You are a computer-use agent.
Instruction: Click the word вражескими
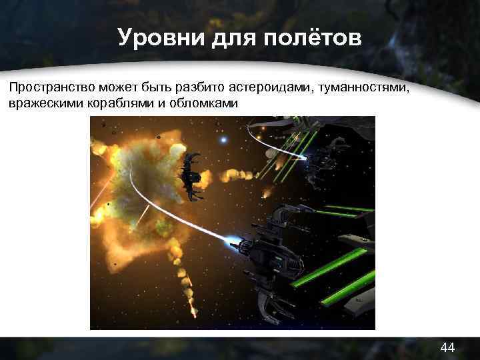(x=40, y=104)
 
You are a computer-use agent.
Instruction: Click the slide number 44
(x=447, y=347)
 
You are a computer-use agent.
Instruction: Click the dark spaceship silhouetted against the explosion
(x=191, y=175)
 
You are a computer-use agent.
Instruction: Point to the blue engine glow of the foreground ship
(x=232, y=238)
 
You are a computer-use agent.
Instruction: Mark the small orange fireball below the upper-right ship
(x=267, y=193)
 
